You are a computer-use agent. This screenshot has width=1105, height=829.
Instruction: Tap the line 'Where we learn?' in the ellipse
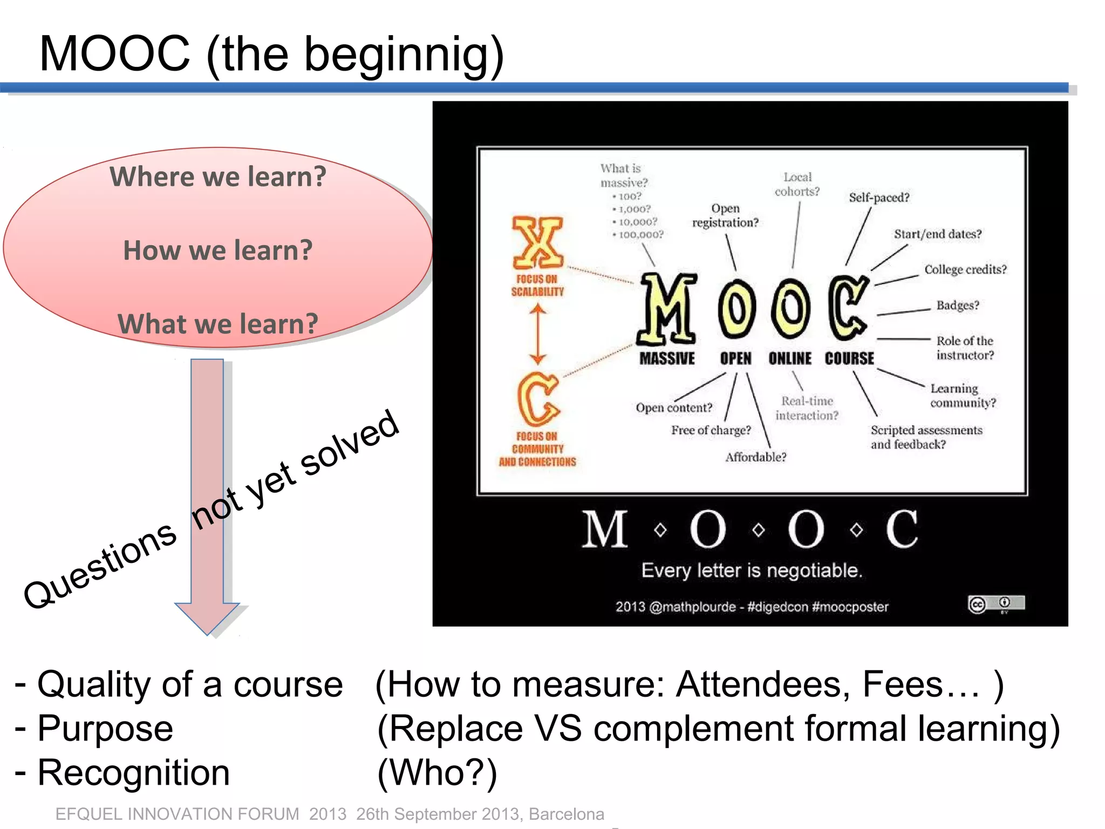coord(218,176)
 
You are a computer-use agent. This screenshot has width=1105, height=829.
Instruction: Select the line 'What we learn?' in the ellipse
coord(218,324)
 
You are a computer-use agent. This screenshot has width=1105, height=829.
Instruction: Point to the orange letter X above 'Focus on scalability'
coord(537,242)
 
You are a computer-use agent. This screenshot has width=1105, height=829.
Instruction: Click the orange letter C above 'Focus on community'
coord(537,399)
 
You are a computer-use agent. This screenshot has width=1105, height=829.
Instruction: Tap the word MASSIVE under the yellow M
coord(667,358)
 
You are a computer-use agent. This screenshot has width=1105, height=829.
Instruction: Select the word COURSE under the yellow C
coord(849,358)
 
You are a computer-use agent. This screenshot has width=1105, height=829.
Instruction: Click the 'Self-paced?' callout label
coord(879,198)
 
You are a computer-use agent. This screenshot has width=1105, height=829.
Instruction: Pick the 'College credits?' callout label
coord(965,269)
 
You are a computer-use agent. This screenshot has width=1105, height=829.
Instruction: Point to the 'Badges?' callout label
coord(958,305)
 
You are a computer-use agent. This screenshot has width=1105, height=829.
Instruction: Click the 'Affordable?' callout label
coord(755,457)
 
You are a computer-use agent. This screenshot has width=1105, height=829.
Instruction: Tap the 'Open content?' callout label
coord(674,408)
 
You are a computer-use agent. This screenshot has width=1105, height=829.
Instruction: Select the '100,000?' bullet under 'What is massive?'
coord(640,235)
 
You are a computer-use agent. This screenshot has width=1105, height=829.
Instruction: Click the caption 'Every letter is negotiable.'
coord(752,570)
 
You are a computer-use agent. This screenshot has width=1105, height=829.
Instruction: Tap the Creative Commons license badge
coord(996,603)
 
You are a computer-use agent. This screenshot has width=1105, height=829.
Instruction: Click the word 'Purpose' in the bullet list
coord(105,729)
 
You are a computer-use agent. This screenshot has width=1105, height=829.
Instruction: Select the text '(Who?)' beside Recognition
coord(437,773)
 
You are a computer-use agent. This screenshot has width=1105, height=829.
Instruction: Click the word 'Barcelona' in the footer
coord(566,814)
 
